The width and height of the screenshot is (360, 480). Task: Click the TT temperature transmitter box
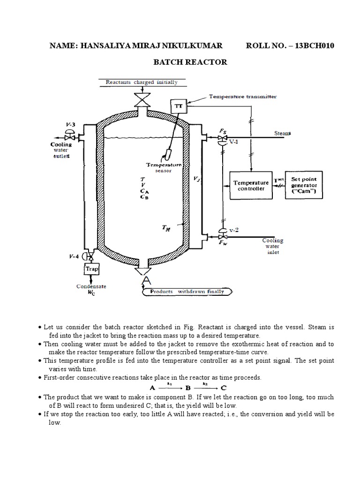point(179,106)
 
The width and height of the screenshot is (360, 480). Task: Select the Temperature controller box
point(251,185)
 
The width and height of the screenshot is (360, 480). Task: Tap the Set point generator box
point(304,185)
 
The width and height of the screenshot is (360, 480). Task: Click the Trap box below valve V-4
point(90,269)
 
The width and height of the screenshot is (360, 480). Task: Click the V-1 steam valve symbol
point(220,138)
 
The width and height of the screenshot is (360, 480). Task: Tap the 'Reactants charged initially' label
point(142,82)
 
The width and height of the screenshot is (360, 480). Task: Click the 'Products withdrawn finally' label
point(187,291)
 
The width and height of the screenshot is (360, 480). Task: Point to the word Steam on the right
point(282,134)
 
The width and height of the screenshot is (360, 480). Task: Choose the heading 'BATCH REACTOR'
point(191,62)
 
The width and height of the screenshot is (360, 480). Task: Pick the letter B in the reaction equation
point(187,388)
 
